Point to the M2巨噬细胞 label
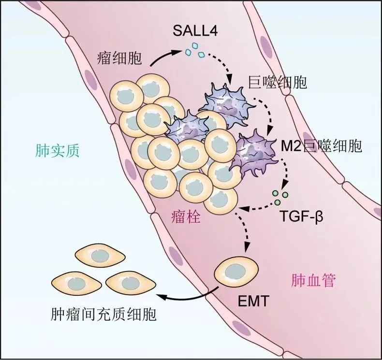tap(321, 145)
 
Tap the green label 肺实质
tap(57, 152)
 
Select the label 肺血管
tap(313, 280)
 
